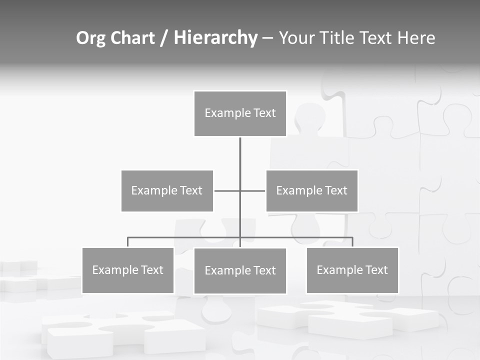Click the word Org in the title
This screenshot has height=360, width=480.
tap(90, 38)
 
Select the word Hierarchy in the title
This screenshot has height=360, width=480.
tap(215, 38)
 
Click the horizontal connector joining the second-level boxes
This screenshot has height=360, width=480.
tap(227, 190)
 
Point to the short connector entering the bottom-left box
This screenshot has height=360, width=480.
tap(127, 242)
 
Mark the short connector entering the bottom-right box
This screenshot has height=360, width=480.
tap(352, 242)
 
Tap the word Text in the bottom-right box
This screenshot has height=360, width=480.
tap(376, 270)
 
